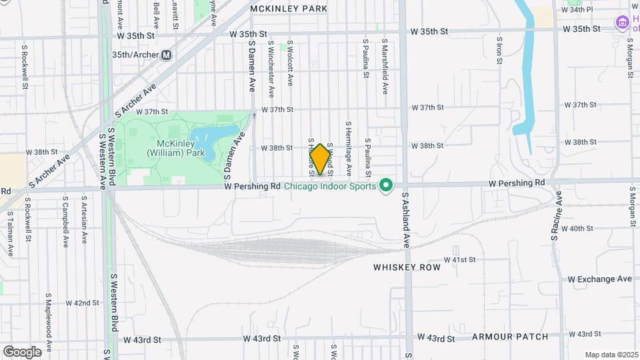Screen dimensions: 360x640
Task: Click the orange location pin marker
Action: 320,159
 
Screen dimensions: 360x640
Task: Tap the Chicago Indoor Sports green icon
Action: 385,185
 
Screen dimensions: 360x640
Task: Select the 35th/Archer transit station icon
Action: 166,55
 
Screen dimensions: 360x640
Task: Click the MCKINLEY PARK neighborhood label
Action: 289,9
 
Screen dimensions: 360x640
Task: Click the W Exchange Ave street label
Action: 599,279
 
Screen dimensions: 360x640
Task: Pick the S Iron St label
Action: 499,50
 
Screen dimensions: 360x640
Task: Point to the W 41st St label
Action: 460,259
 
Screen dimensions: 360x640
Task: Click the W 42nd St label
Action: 82,303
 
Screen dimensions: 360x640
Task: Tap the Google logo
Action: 21,351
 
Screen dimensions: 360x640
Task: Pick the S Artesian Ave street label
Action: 84,220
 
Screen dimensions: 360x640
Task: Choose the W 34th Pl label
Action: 577,10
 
